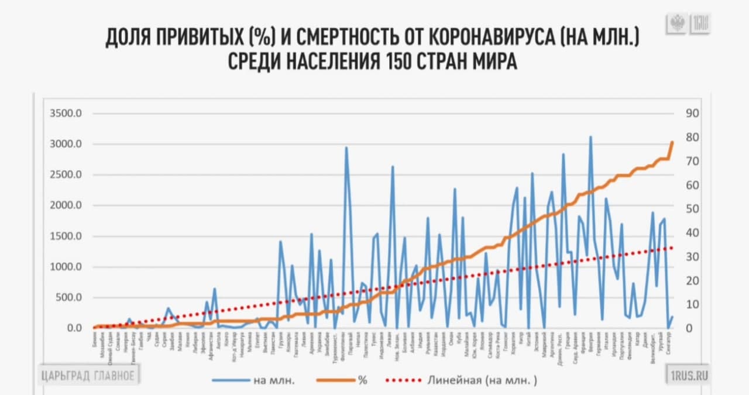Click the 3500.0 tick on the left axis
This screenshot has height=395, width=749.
click(x=66, y=114)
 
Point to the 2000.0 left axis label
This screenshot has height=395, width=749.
click(x=66, y=205)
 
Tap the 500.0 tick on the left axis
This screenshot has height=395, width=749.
click(x=68, y=297)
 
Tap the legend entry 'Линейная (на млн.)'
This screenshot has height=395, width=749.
click(x=462, y=380)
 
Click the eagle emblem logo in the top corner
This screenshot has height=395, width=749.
click(x=677, y=24)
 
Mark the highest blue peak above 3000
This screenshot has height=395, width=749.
click(x=590, y=137)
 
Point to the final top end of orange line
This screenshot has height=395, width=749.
click(x=672, y=142)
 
